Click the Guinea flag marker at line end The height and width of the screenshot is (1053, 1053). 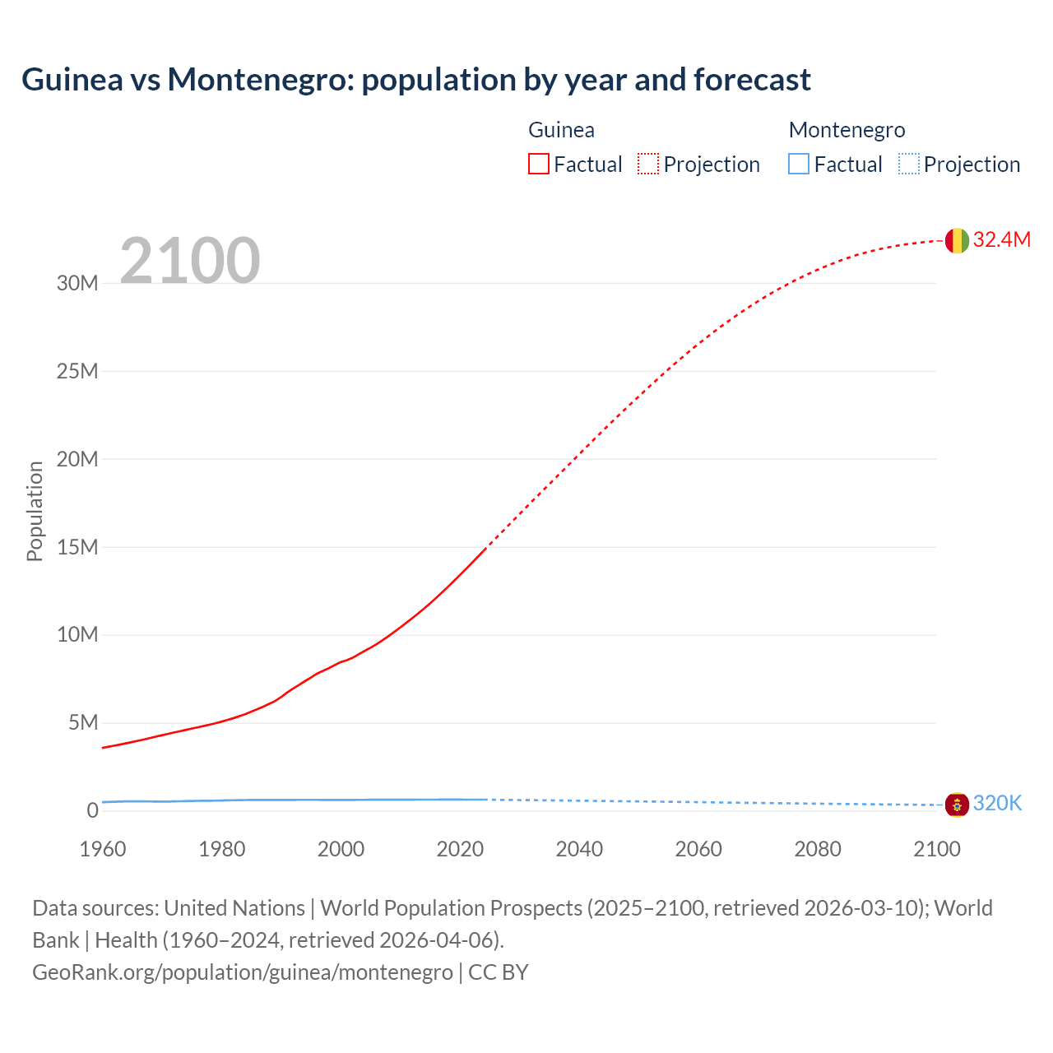957,240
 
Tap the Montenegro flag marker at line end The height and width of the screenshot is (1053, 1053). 957,804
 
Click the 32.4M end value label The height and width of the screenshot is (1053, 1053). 1001,239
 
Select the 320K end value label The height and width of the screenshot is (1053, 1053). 997,804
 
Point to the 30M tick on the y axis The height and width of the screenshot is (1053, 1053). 77,284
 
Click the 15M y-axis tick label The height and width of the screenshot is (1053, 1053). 77,547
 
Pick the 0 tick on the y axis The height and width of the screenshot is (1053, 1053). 92,811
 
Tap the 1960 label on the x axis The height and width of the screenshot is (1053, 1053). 103,849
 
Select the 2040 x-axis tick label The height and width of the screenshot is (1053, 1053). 579,849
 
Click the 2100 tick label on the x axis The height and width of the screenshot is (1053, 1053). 936,849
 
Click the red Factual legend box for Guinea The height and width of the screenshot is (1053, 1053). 539,165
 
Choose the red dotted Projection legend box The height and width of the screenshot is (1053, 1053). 648,165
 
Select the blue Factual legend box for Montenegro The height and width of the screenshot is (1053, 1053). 799,165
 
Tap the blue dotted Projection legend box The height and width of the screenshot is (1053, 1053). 909,165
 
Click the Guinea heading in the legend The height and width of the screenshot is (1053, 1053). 561,130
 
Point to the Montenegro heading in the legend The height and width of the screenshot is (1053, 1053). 847,130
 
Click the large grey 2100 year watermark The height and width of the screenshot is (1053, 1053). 190,261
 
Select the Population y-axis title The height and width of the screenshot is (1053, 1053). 35,511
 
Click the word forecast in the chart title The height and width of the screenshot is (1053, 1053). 752,80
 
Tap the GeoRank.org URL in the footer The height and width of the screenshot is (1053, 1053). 243,972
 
